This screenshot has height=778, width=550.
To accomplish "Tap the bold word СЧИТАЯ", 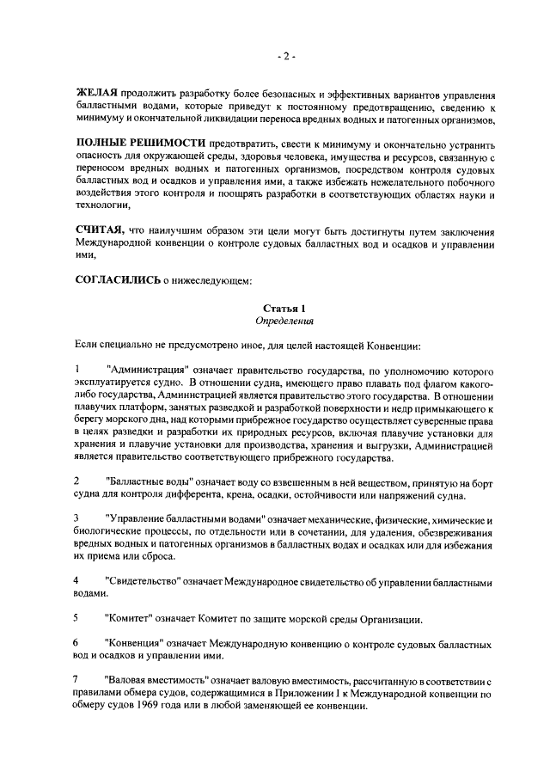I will point(99,230).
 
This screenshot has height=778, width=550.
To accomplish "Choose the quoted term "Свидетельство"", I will point(141,581).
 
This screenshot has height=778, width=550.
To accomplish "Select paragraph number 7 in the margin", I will point(76,680).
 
